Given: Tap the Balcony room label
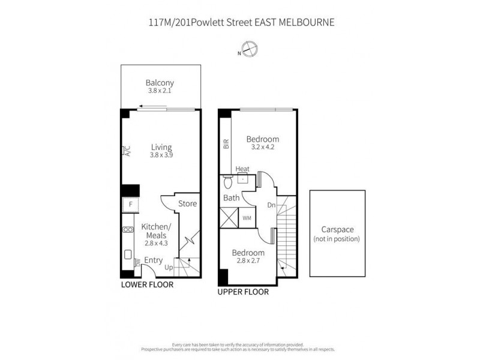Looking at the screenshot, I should tap(160, 83).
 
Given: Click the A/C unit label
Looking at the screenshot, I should tap(127, 151).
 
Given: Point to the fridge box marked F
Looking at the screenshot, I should tap(129, 205).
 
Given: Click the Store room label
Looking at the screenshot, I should tap(187, 204).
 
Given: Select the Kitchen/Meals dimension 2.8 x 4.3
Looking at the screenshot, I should tap(155, 244).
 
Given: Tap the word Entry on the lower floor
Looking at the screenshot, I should tap(154, 260).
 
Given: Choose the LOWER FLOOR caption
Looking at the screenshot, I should tap(147, 285).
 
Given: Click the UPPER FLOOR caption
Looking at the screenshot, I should tap(243, 293).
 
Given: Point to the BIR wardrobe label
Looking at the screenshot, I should tap(226, 144).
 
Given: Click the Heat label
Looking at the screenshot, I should tap(242, 169).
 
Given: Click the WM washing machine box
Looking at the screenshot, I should tap(247, 218).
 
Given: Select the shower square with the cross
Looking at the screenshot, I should tap(229, 217).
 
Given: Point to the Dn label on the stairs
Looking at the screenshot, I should tap(271, 205).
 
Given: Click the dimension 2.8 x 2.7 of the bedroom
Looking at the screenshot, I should tap(248, 261).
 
